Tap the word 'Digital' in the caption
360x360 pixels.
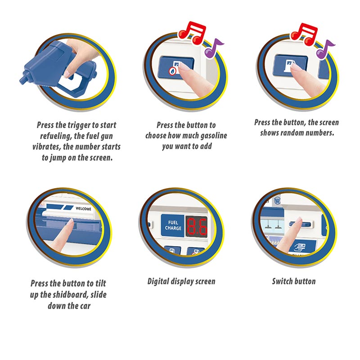point(158,281)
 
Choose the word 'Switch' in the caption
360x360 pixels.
point(282,281)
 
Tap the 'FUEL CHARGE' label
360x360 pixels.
point(173,225)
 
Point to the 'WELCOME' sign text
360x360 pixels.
point(83,209)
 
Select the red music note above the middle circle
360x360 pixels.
point(192,32)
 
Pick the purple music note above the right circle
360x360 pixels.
point(325,49)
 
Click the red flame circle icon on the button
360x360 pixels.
point(172,71)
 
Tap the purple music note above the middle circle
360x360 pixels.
point(213,48)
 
